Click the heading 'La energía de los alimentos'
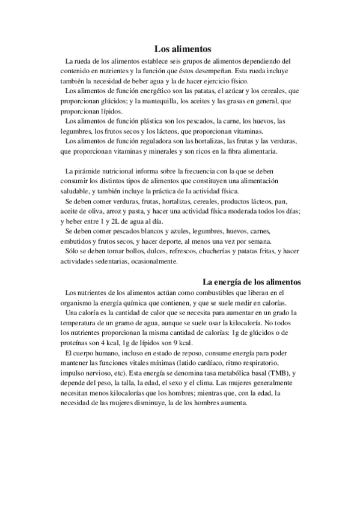(x=251, y=282)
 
